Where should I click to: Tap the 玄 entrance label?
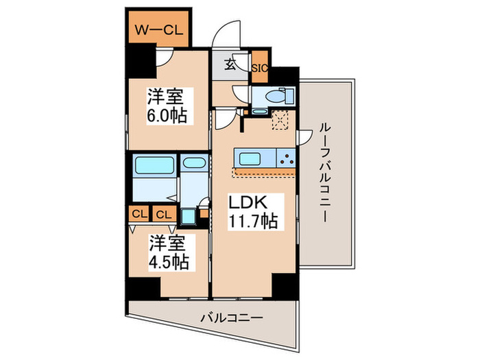click(x=232, y=67)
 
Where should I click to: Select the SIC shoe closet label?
click(x=259, y=68)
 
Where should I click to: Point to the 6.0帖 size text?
click(x=167, y=115)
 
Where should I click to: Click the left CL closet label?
click(x=139, y=214)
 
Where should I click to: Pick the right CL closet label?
click(x=163, y=214)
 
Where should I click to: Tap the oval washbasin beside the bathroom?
click(x=193, y=165)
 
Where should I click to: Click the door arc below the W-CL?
click(x=163, y=59)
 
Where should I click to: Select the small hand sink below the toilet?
click(x=259, y=110)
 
